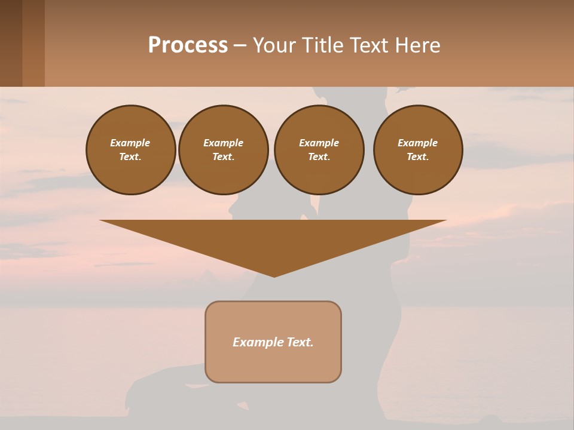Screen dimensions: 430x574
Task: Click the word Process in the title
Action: pos(188,45)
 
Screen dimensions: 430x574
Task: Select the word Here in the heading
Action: pos(417,45)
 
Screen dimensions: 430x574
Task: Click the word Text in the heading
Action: pos(370,45)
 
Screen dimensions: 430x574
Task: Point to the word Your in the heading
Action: pos(276,45)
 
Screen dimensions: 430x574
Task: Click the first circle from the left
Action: pos(131,150)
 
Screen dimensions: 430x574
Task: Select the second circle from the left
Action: pos(224,150)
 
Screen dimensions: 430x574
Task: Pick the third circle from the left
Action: pos(319,150)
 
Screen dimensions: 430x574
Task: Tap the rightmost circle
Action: pos(418,150)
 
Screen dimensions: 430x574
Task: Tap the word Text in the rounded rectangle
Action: pos(301,342)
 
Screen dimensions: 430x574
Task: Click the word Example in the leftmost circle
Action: pos(130,143)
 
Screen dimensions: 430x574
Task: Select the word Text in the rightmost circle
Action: pos(418,157)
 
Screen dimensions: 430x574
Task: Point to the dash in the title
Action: pos(240,46)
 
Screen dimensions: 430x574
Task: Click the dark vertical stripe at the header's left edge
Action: pos(11,43)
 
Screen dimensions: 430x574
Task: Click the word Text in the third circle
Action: pos(319,157)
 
